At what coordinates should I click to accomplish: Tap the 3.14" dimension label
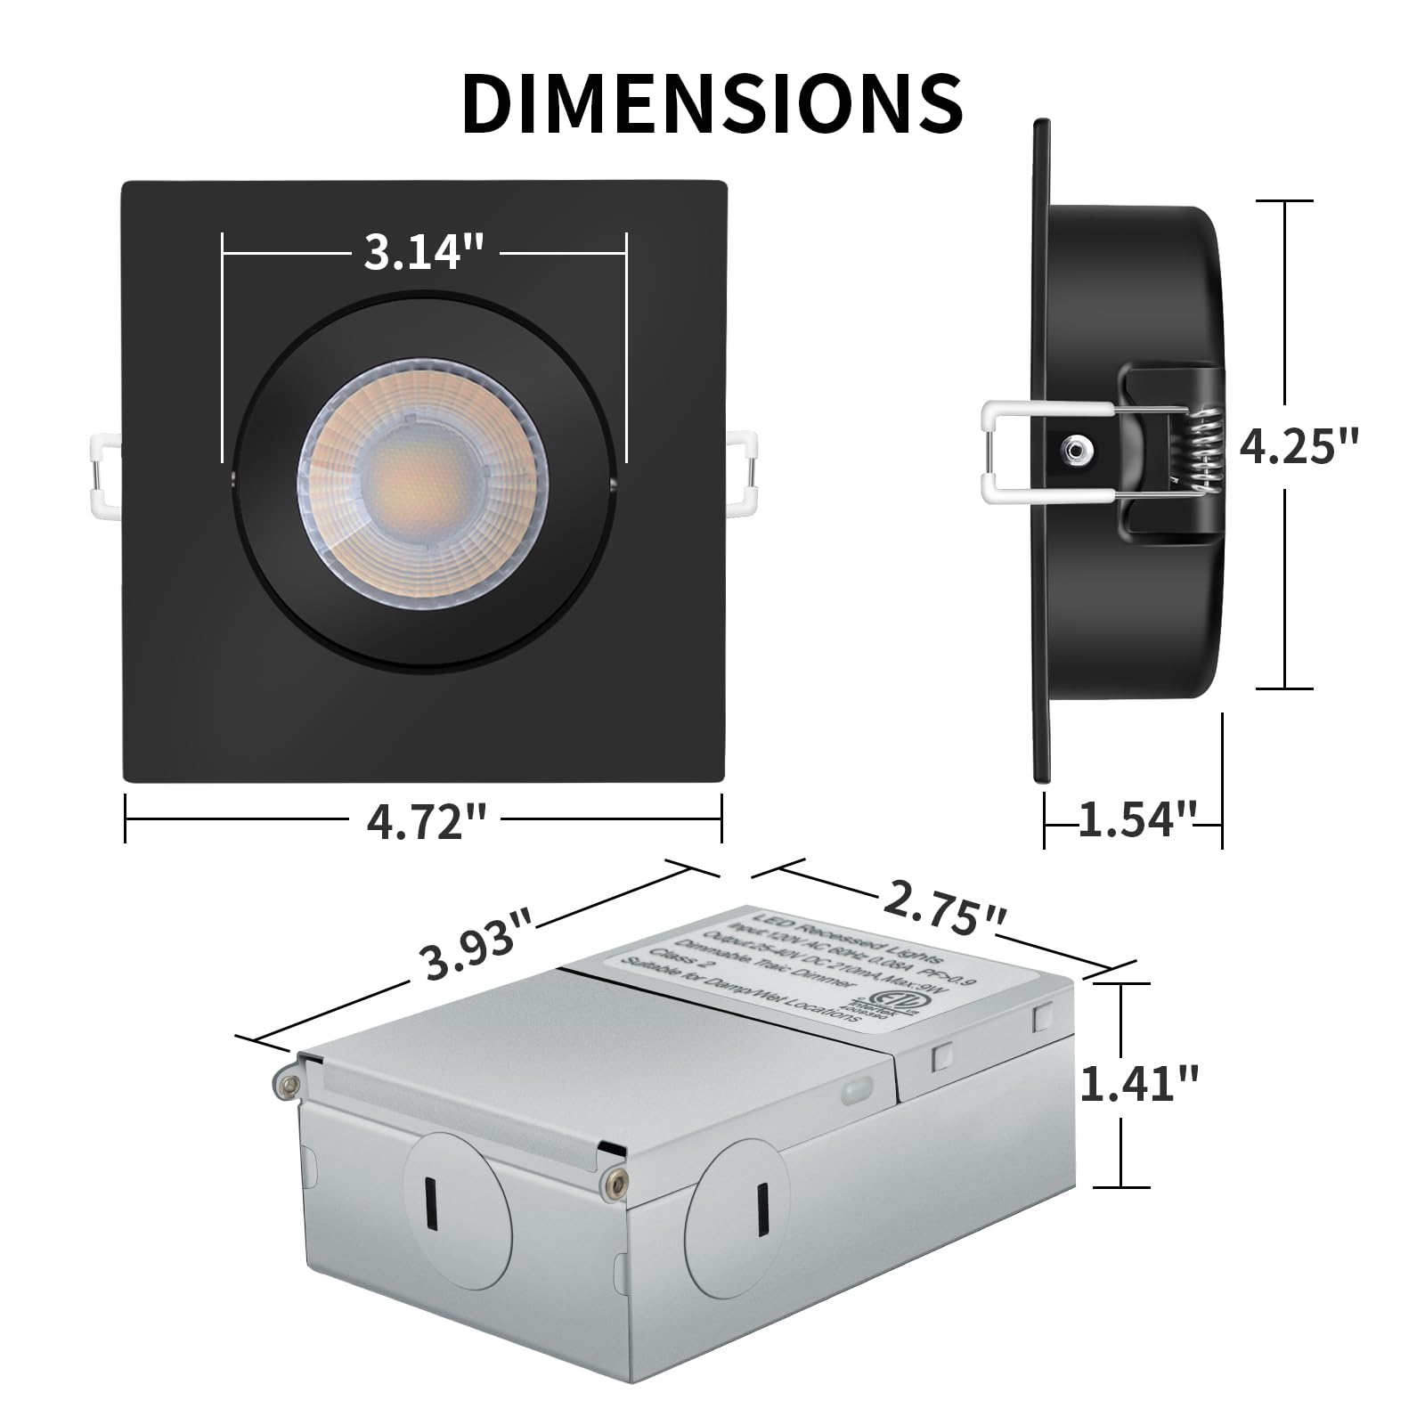(x=424, y=252)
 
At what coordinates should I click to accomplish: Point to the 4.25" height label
(x=1299, y=445)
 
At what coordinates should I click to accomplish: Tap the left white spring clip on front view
(x=105, y=474)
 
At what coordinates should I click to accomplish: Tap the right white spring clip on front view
(x=743, y=474)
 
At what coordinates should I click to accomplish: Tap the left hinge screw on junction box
(x=287, y=1083)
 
